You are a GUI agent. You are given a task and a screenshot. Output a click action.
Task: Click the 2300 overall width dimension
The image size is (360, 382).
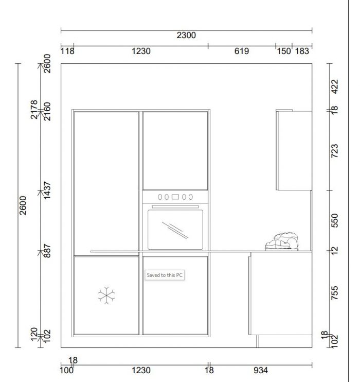[x=186, y=36]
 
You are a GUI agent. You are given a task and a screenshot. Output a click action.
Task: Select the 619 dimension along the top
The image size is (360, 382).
[x=242, y=51]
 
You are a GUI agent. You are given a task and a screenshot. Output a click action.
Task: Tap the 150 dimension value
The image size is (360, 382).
[x=284, y=51]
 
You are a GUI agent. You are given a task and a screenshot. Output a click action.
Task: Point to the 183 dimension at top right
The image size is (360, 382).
[x=302, y=51]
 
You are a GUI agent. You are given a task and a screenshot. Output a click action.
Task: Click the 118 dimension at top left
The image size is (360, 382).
[x=67, y=51]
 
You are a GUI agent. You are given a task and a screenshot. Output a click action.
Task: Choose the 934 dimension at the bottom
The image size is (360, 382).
[x=261, y=370]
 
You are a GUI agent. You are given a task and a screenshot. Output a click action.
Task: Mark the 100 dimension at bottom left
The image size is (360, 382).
[x=66, y=370]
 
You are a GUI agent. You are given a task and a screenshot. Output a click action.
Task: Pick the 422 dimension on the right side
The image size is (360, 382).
[x=335, y=86]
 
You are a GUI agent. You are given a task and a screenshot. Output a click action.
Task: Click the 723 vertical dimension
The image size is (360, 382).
[x=335, y=151]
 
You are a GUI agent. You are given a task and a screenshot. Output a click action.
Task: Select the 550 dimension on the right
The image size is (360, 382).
[x=335, y=220]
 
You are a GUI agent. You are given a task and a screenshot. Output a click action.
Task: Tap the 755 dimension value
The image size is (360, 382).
[x=335, y=293]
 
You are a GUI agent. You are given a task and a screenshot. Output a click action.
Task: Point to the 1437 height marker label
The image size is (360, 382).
[x=47, y=190]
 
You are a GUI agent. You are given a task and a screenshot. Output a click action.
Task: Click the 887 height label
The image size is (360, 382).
[x=47, y=251]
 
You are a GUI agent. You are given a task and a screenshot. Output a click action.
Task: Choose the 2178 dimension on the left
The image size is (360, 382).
[x=34, y=109]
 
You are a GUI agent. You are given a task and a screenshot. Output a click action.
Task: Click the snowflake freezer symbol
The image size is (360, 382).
[x=106, y=296]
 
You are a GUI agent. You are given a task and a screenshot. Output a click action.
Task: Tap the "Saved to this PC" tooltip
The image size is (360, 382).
[x=165, y=275]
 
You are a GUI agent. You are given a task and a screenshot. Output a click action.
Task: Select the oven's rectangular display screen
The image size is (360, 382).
[x=175, y=197]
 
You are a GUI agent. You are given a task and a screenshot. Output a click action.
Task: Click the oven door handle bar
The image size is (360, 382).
[x=175, y=206]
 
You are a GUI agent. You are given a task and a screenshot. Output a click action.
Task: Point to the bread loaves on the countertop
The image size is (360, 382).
[x=282, y=241]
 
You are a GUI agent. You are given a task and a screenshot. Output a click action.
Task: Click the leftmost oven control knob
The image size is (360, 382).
[x=160, y=197]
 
